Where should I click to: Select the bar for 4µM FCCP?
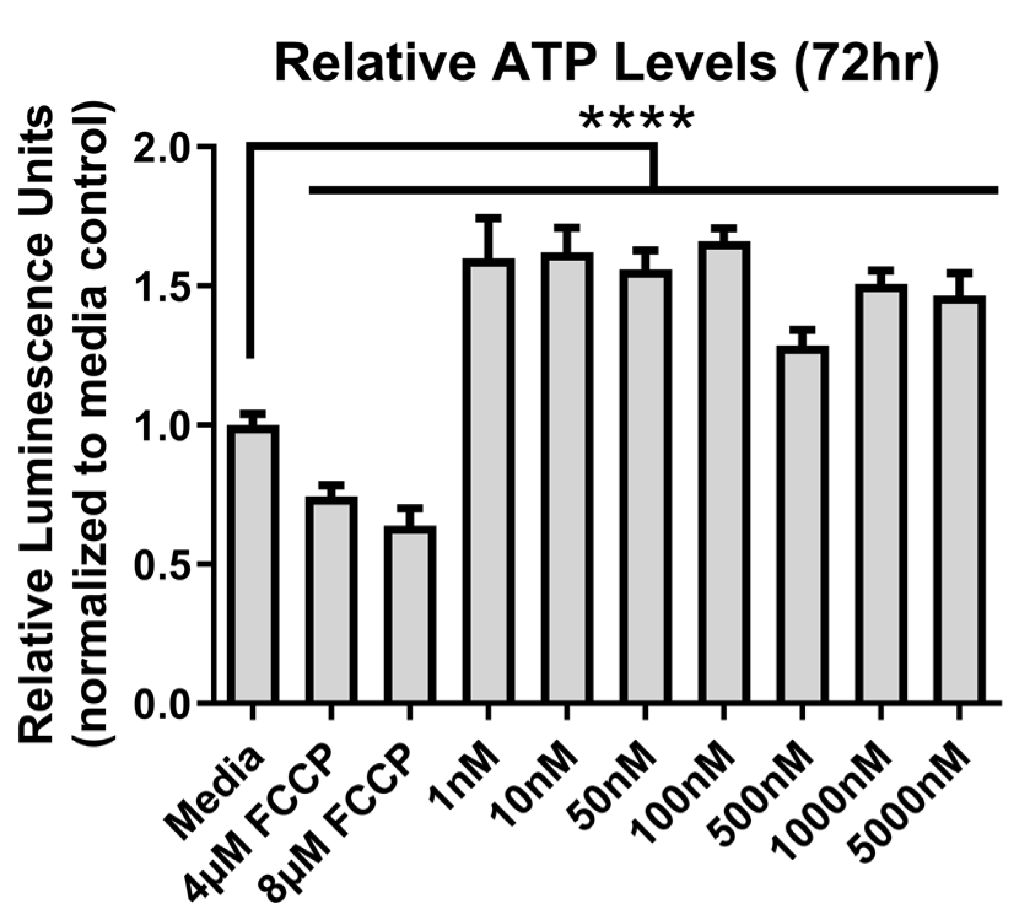[x=331, y=600]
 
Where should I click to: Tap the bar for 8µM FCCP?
[x=410, y=614]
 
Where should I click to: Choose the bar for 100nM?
[x=723, y=472]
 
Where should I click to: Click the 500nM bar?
[x=802, y=524]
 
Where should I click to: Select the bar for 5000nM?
[x=959, y=500]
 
